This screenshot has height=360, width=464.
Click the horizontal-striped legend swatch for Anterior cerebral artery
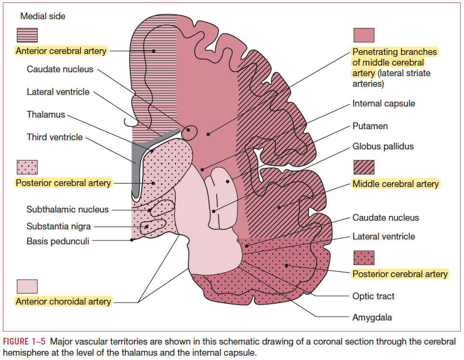pyautogui.click(x=27, y=35)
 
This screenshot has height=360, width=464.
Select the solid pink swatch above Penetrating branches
pyautogui.click(x=364, y=35)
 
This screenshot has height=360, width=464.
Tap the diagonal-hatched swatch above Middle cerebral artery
pyautogui.click(x=364, y=167)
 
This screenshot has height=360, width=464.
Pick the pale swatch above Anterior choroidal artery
pyautogui.click(x=27, y=286)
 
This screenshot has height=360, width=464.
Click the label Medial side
pyautogui.click(x=43, y=16)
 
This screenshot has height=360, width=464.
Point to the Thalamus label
pyautogui.click(x=46, y=115)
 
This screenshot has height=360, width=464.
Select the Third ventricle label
pyautogui.click(x=55, y=137)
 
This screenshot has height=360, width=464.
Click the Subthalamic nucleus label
pyautogui.click(x=67, y=210)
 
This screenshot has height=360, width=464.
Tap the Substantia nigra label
pyautogui.click(x=59, y=227)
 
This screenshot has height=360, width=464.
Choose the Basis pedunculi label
pyautogui.click(x=58, y=241)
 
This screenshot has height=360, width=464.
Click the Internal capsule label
pyautogui.click(x=384, y=104)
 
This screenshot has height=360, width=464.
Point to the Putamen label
pyautogui.click(x=370, y=126)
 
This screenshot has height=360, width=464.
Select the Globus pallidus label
pyautogui.click(x=383, y=146)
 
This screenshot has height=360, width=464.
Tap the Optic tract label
pyautogui.click(x=373, y=296)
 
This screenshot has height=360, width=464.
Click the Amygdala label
pyautogui.click(x=372, y=317)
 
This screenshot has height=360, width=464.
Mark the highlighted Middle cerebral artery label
pyautogui.click(x=396, y=184)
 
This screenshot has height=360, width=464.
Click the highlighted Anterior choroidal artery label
pyautogui.click(x=63, y=302)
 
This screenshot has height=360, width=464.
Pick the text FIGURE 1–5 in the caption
pyautogui.click(x=25, y=342)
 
